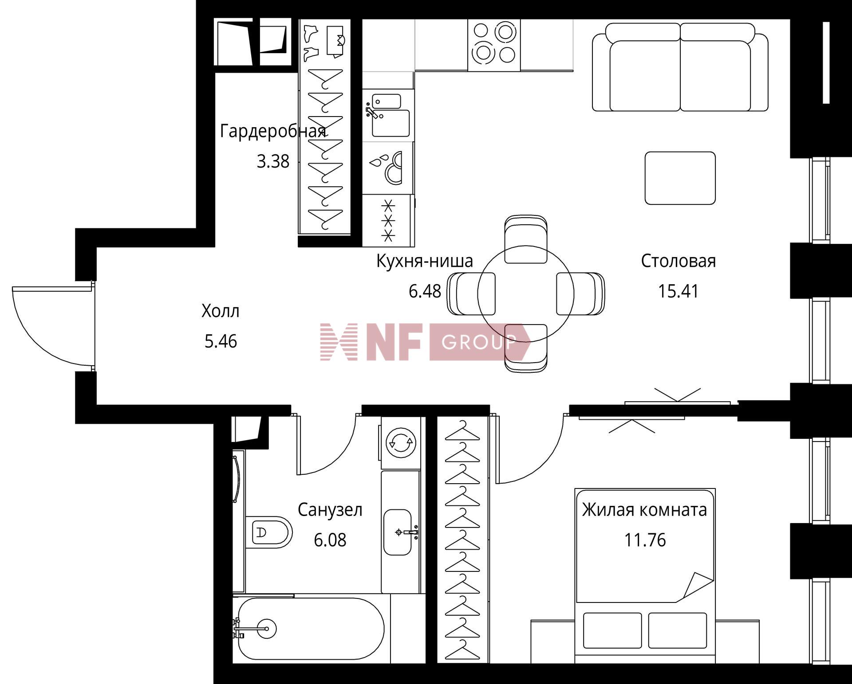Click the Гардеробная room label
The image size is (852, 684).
point(273,132)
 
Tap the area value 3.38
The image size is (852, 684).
point(273,161)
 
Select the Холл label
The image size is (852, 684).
point(221,311)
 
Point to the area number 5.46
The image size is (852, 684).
point(221,341)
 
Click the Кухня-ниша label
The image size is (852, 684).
point(425,261)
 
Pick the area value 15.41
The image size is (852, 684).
point(678,291)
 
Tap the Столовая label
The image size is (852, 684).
point(678,261)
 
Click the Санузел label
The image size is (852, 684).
point(330,510)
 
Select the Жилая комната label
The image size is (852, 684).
point(644,510)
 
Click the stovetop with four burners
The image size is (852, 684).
point(494,45)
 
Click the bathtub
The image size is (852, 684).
point(311,629)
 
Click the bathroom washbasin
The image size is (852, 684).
point(398,532)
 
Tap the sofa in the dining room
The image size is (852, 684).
point(680,67)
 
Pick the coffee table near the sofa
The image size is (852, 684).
point(680,178)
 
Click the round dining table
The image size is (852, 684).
point(526,293)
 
